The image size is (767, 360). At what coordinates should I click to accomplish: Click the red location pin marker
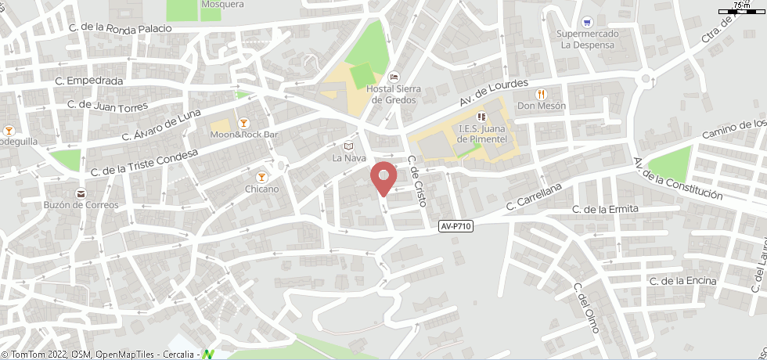tap(383, 177)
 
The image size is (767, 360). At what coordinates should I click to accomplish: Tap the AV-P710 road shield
tap(456, 226)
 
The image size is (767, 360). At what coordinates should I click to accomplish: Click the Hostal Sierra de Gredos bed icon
tap(394, 77)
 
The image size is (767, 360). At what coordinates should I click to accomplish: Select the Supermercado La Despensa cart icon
tap(588, 22)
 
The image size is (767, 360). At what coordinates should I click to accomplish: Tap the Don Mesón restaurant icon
tap(540, 94)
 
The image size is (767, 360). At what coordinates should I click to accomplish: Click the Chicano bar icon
tap(261, 177)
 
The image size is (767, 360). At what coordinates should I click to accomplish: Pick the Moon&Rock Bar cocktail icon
tap(243, 123)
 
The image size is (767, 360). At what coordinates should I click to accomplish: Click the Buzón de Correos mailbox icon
tap(81, 193)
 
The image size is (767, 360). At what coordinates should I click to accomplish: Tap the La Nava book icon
tap(349, 146)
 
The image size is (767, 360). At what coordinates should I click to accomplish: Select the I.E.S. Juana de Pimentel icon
tap(481, 117)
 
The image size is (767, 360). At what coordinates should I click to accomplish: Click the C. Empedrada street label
tap(89, 81)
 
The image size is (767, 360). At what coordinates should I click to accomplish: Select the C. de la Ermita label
tap(605, 209)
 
